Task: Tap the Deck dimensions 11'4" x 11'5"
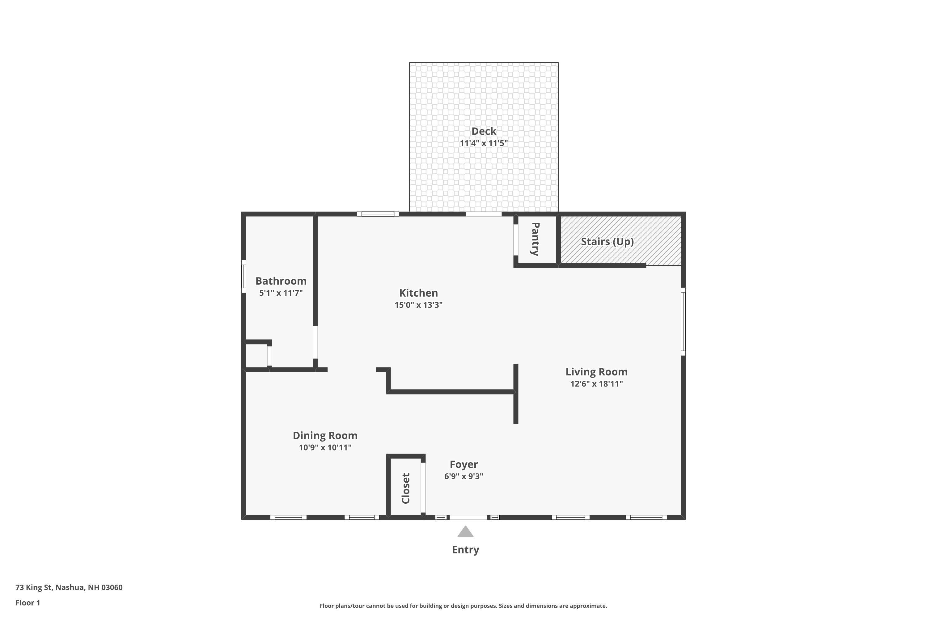[484, 143]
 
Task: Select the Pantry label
[535, 239]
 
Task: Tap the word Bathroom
[281, 281]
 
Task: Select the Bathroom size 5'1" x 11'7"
[281, 293]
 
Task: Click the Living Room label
[596, 371]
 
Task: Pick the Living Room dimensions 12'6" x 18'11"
[596, 383]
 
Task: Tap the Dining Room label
[325, 435]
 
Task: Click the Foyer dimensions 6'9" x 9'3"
[463, 476]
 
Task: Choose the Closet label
[405, 488]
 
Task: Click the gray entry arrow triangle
[465, 532]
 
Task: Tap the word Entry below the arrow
[465, 549]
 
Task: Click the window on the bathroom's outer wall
[243, 276]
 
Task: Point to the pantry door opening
[515, 240]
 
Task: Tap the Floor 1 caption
[28, 603]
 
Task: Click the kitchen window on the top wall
[378, 214]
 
